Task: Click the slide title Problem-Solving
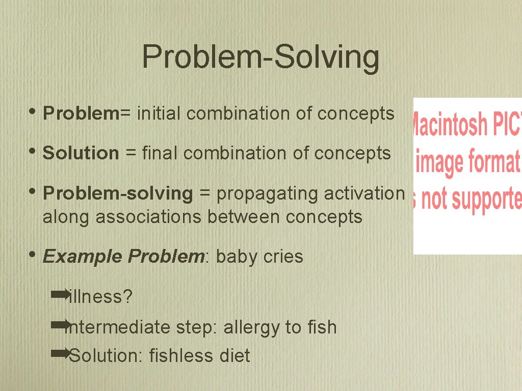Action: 260,57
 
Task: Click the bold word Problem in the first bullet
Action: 81,114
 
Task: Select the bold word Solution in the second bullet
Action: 81,153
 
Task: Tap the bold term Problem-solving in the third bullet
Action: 118,193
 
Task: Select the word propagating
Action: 262,194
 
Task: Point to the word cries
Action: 283,257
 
